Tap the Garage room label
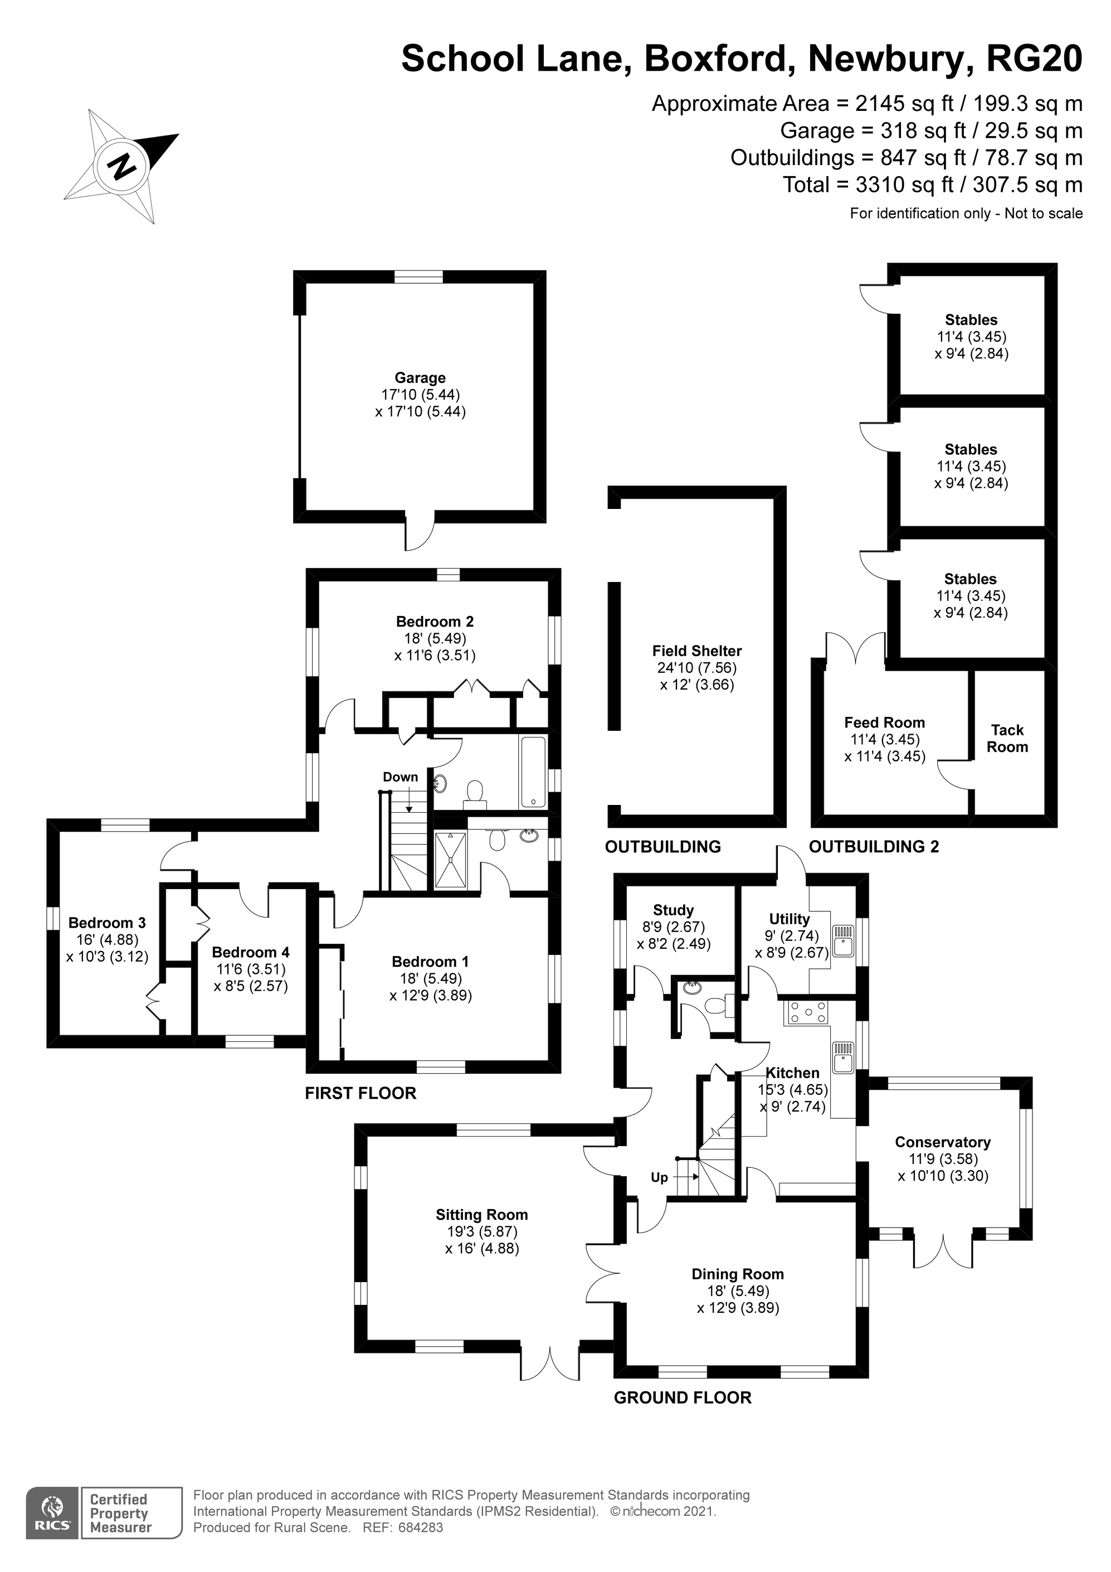pos(420,377)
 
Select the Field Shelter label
pos(697,651)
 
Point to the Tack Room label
pos(1007,738)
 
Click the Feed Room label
pos(884,722)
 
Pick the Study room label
pos(674,910)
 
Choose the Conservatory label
pos(943,1142)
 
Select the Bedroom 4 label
pos(251,952)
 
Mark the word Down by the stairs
pos(401,777)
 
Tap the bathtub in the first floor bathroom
pos(533,772)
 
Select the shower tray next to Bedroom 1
pos(450,861)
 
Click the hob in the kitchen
pos(807,1013)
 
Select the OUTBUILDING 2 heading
pos(874,846)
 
